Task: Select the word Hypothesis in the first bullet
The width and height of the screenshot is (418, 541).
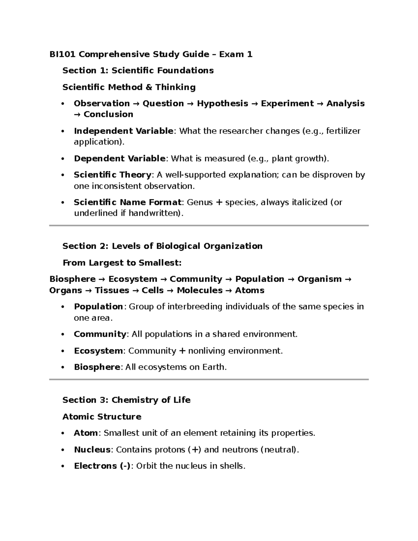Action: pyautogui.click(x=222, y=103)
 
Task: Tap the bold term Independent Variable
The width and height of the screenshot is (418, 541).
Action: pyautogui.click(x=123, y=131)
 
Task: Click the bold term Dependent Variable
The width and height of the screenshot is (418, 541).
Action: pyautogui.click(x=119, y=159)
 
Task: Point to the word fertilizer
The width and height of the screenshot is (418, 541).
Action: pyautogui.click(x=344, y=131)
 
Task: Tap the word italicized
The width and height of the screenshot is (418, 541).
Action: pyautogui.click(x=304, y=202)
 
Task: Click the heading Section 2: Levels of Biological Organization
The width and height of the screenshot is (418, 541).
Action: pyautogui.click(x=162, y=246)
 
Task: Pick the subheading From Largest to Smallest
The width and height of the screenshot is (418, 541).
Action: pyautogui.click(x=122, y=263)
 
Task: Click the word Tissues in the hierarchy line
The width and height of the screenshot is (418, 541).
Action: pyautogui.click(x=112, y=290)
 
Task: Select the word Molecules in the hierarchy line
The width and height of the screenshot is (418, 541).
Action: pyautogui.click(x=200, y=290)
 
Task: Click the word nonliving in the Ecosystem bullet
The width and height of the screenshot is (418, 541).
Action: pyautogui.click(x=207, y=351)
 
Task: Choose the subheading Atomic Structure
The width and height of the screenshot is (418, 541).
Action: pyautogui.click(x=102, y=417)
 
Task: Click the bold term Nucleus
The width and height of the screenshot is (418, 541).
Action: pyautogui.click(x=92, y=450)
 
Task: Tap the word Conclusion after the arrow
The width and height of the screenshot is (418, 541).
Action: pyautogui.click(x=108, y=114)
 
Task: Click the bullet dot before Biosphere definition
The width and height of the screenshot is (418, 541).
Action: pyautogui.click(x=63, y=368)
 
